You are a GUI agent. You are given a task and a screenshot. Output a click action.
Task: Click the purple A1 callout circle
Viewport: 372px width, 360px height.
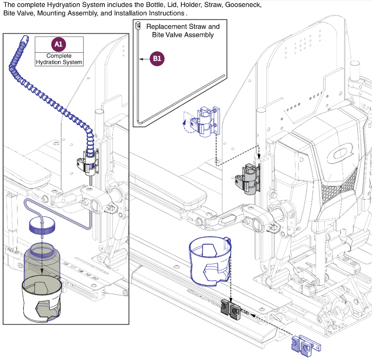58,45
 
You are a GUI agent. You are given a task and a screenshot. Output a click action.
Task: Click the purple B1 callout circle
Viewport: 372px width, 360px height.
157,59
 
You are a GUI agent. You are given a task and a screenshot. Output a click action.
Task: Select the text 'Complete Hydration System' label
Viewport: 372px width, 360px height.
59,59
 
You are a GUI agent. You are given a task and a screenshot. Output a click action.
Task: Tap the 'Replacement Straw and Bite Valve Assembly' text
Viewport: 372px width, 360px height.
183,31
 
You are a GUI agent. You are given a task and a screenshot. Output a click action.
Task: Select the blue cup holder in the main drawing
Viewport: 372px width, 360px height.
210,259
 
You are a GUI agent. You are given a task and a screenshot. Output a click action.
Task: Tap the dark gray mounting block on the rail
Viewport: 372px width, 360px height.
230,309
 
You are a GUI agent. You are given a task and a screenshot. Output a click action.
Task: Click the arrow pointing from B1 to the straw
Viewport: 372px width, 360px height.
145,59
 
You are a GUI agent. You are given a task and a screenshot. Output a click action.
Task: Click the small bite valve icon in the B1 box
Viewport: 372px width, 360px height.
137,26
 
